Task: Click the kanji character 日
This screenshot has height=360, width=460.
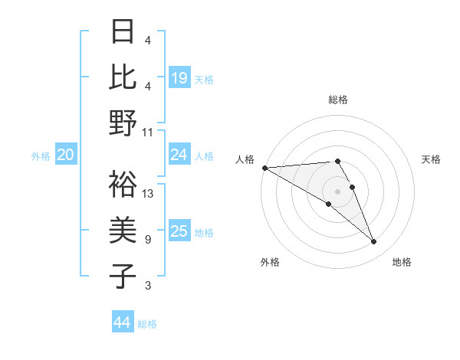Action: click(x=123, y=32)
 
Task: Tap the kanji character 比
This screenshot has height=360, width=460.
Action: click(x=123, y=77)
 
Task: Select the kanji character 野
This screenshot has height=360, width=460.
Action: click(x=123, y=123)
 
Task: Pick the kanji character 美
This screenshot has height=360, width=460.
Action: click(x=123, y=230)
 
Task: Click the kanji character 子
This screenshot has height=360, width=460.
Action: click(x=123, y=276)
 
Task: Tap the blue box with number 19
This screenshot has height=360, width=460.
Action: click(x=179, y=78)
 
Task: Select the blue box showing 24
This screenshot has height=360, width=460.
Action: click(x=179, y=155)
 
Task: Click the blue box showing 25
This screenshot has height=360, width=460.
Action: click(x=179, y=231)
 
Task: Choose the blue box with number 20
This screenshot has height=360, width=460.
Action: click(x=66, y=155)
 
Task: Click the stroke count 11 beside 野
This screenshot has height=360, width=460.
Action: click(x=148, y=133)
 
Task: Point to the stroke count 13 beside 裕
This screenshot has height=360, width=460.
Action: click(x=148, y=194)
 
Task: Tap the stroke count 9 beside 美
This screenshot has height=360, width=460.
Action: click(x=148, y=240)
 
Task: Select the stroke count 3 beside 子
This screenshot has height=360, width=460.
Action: click(x=148, y=286)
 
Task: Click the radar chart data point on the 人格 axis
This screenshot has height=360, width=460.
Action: click(x=264, y=168)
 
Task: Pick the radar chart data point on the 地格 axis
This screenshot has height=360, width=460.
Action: click(x=373, y=242)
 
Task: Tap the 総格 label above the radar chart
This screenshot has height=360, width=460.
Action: click(x=337, y=100)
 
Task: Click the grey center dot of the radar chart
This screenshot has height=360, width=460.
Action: click(x=337, y=191)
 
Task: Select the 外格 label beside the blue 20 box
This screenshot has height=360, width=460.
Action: click(x=41, y=155)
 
